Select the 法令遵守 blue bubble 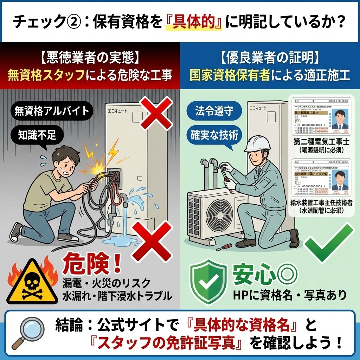click(214, 111)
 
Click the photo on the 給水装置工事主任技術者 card click(339, 180)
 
